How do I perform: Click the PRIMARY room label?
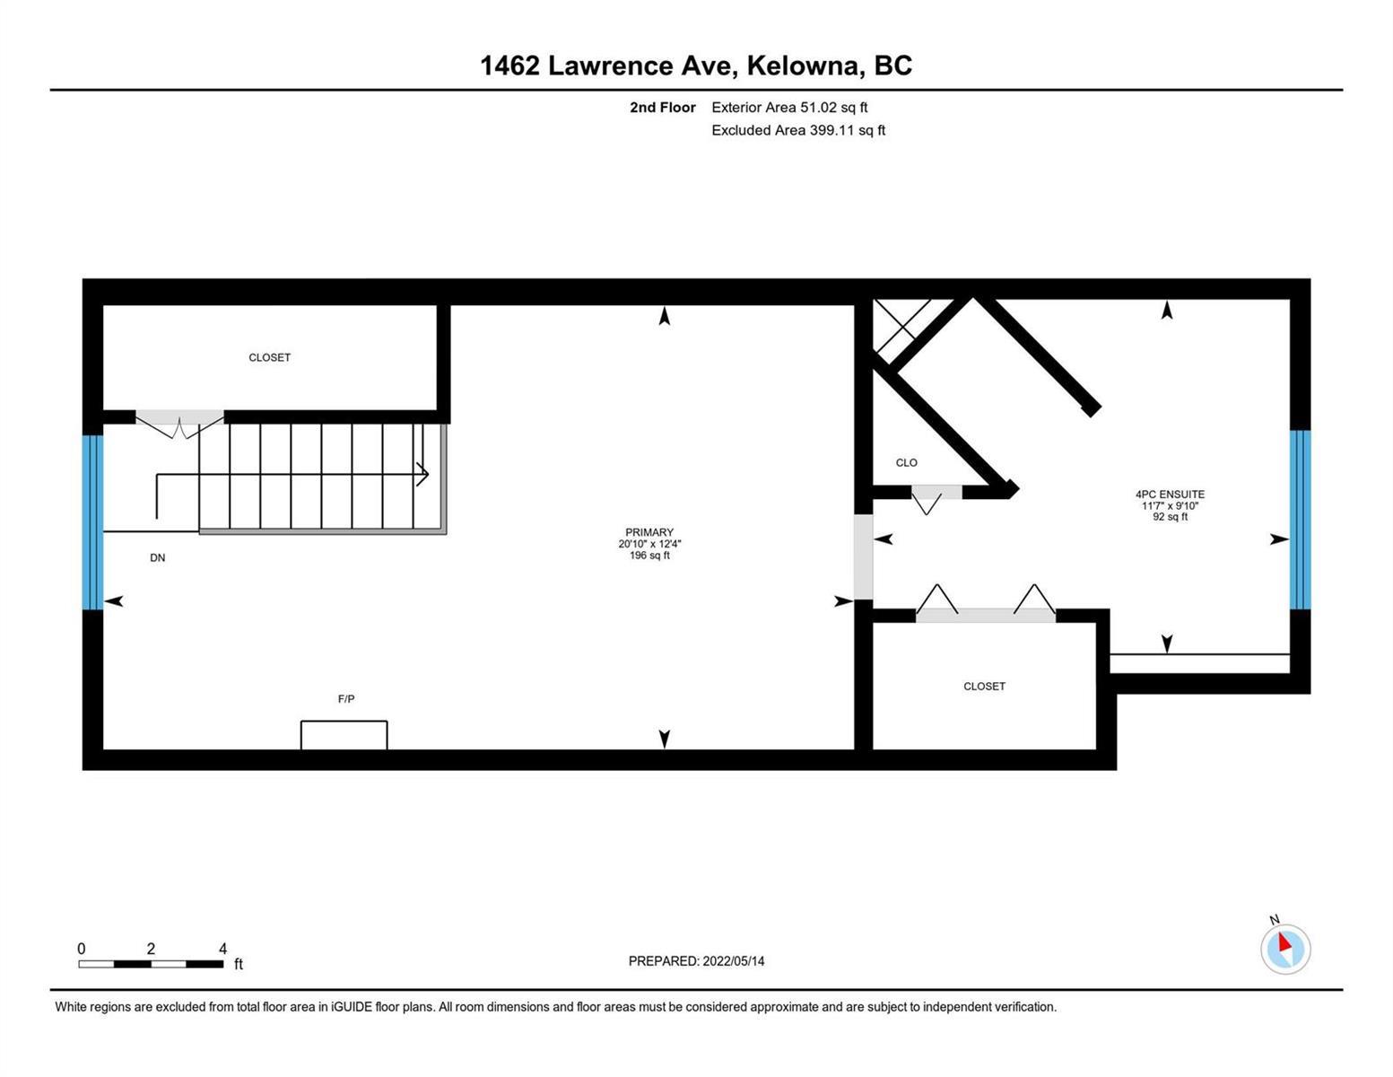pos(649,531)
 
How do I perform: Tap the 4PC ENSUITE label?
pos(1170,494)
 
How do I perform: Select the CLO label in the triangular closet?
pos(907,462)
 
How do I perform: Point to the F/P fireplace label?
pos(346,698)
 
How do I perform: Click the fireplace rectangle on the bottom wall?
pos(344,734)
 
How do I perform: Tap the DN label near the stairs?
pos(158,558)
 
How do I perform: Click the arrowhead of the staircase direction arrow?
pos(423,475)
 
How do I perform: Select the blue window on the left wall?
pos(93,522)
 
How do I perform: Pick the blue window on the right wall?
pos(1300,519)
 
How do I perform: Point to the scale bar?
pos(151,964)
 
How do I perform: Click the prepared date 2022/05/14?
pos(734,961)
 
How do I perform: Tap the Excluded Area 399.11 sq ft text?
pos(798,130)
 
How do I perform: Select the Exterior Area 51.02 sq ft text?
pos(789,107)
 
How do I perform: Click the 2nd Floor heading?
pos(662,107)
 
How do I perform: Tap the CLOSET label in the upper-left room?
pos(269,357)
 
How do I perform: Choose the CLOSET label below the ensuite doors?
pos(984,687)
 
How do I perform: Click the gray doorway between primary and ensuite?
pos(863,556)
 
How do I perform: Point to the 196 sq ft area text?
pos(649,556)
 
